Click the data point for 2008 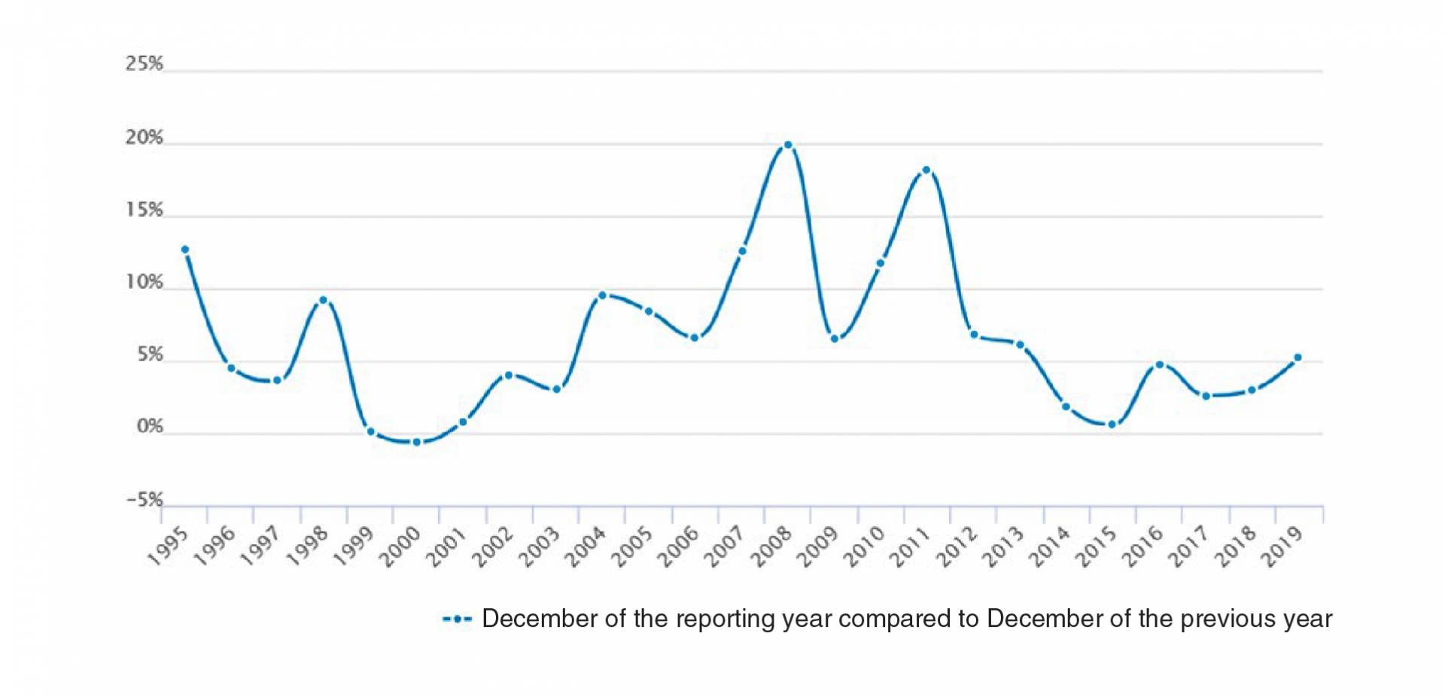(788, 145)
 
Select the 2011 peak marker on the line (926, 171)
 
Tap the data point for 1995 (185, 250)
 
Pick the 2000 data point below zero (417, 442)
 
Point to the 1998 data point (324, 300)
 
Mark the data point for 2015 (1112, 425)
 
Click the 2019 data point (1297, 358)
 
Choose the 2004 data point (602, 295)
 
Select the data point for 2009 (835, 339)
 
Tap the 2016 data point (1160, 365)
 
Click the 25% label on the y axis (144, 64)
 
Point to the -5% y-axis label (144, 500)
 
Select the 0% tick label (150, 427)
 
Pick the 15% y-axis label (144, 210)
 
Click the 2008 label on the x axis (773, 546)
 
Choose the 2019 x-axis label (1283, 546)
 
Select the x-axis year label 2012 (958, 546)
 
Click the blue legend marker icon (457, 619)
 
